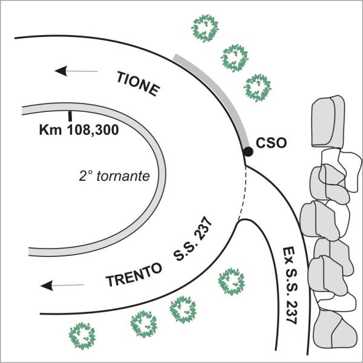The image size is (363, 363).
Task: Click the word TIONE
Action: pyautogui.click(x=137, y=83)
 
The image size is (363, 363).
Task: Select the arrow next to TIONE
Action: pyautogui.click(x=76, y=71)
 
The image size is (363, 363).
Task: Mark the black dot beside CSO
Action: pyautogui.click(x=248, y=152)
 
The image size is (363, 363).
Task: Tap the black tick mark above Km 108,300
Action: pyautogui.click(x=70, y=115)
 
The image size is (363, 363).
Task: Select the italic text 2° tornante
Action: pyautogui.click(x=114, y=176)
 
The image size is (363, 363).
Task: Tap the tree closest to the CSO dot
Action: pyautogui.click(x=257, y=87)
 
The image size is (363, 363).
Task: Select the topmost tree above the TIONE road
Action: pyautogui.click(x=205, y=27)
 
